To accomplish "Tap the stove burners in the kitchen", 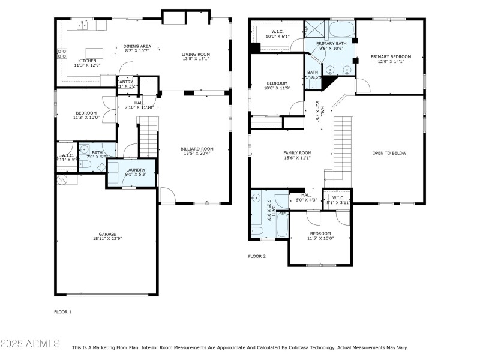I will (x=61, y=54).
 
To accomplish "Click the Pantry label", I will (x=125, y=82).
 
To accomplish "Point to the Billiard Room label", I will (x=197, y=149).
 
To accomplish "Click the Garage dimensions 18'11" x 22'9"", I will (x=107, y=239).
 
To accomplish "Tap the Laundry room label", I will (x=136, y=170).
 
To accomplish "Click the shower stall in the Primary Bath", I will (x=313, y=28).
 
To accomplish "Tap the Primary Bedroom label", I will (x=391, y=57).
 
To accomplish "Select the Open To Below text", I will (x=389, y=153).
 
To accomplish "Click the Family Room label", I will (x=297, y=153).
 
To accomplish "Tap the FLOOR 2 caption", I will (x=257, y=256).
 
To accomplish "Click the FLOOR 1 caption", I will (x=63, y=311).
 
